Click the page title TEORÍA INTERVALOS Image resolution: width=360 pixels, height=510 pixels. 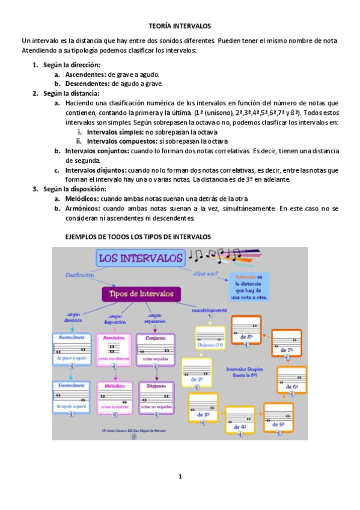coord(180,26)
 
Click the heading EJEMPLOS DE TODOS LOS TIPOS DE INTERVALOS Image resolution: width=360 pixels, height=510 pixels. coord(138,236)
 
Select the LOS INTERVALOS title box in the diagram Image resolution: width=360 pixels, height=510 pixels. coord(140,259)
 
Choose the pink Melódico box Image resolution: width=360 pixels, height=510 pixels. coord(114,396)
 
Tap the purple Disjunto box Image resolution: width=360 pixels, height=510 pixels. coord(156,396)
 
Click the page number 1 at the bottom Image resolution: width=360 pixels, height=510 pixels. coord(180,477)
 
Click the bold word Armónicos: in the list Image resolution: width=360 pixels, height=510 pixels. coord(82,208)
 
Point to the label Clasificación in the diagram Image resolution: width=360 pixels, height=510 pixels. coord(80,275)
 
